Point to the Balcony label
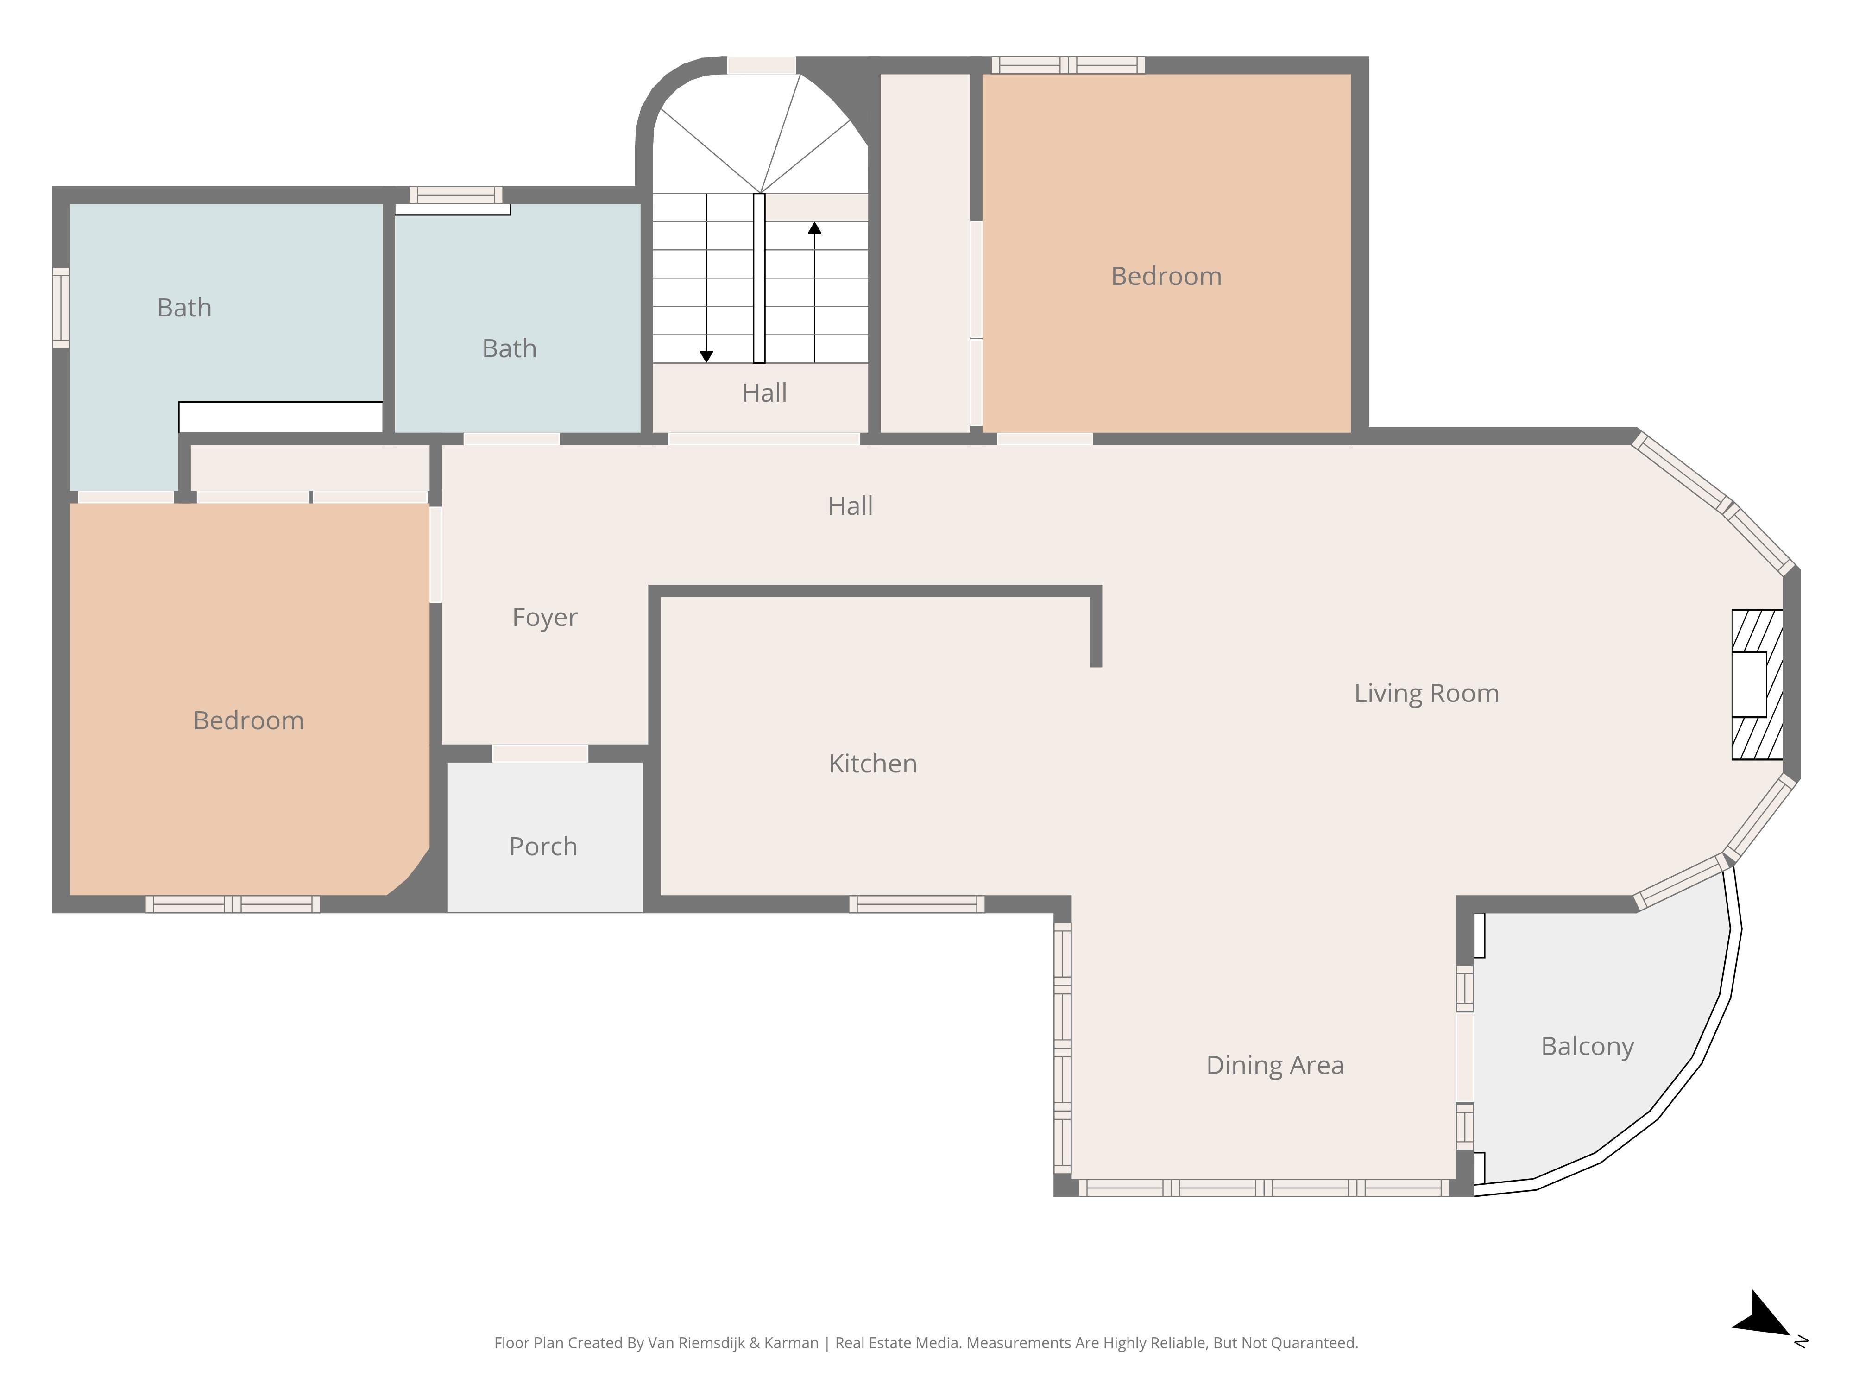pos(1588,1047)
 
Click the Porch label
pos(543,846)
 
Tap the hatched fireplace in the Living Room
pos(1757,684)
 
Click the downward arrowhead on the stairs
pos(706,356)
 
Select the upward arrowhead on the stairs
pos(814,228)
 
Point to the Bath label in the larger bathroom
pos(184,308)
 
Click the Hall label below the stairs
pos(764,393)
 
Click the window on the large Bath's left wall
pos(60,308)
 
